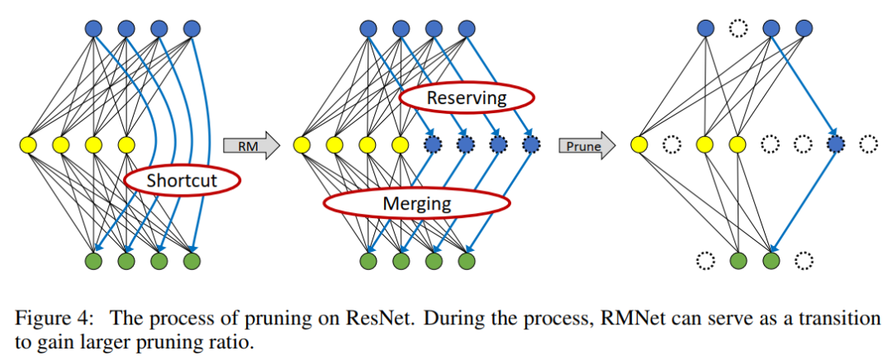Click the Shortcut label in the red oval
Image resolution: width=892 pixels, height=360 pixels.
point(182,179)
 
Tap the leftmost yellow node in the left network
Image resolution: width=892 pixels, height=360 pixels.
point(27,146)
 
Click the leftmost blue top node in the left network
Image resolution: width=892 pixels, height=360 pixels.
point(93,30)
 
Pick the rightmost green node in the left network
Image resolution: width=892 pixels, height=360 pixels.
point(192,262)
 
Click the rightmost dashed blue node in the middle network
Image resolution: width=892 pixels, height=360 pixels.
point(531,146)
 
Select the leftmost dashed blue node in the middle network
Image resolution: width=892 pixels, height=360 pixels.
point(433,146)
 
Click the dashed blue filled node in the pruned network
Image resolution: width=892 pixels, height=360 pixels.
point(835,146)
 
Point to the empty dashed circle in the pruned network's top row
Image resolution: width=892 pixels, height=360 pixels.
point(738,30)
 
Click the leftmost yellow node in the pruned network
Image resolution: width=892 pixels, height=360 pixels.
point(638,146)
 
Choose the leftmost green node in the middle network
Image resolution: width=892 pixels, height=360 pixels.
point(368,262)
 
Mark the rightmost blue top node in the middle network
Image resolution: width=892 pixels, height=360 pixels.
point(467,30)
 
